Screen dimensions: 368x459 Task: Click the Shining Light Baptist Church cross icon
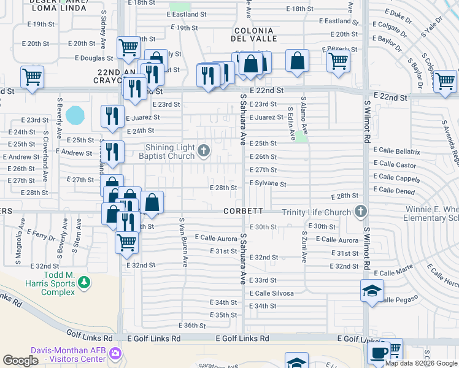coord(204,150)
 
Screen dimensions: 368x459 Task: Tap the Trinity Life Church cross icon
coord(361,212)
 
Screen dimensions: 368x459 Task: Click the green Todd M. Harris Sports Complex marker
coord(83,283)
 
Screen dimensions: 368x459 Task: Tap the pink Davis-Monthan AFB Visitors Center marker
coord(118,353)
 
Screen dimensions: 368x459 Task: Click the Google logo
coord(20,361)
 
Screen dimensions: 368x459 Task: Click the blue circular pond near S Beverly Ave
coord(75,115)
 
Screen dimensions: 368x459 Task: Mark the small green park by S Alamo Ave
coord(300,136)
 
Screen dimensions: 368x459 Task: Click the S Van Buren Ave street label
coord(182,242)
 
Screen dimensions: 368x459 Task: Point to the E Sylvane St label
coord(268,183)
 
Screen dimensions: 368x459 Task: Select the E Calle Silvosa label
coord(271,293)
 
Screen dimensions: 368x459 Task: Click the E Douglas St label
coord(94,58)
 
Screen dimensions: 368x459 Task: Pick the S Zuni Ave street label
coord(304,246)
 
